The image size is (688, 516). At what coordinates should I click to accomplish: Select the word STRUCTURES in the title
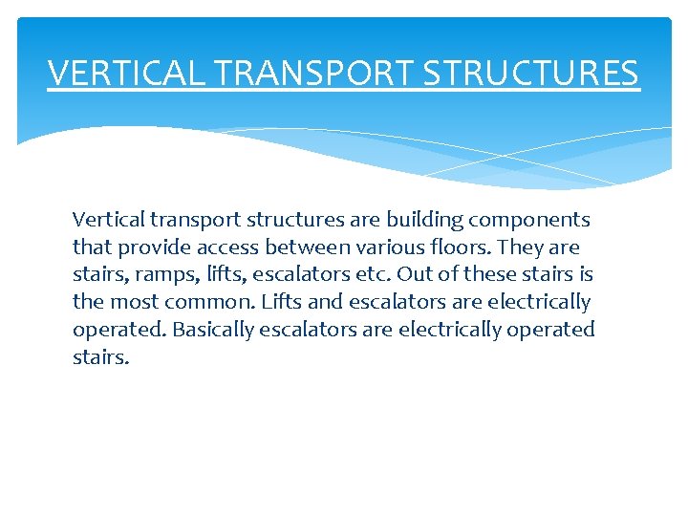(x=532, y=73)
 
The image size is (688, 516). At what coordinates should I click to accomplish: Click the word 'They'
(x=520, y=247)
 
